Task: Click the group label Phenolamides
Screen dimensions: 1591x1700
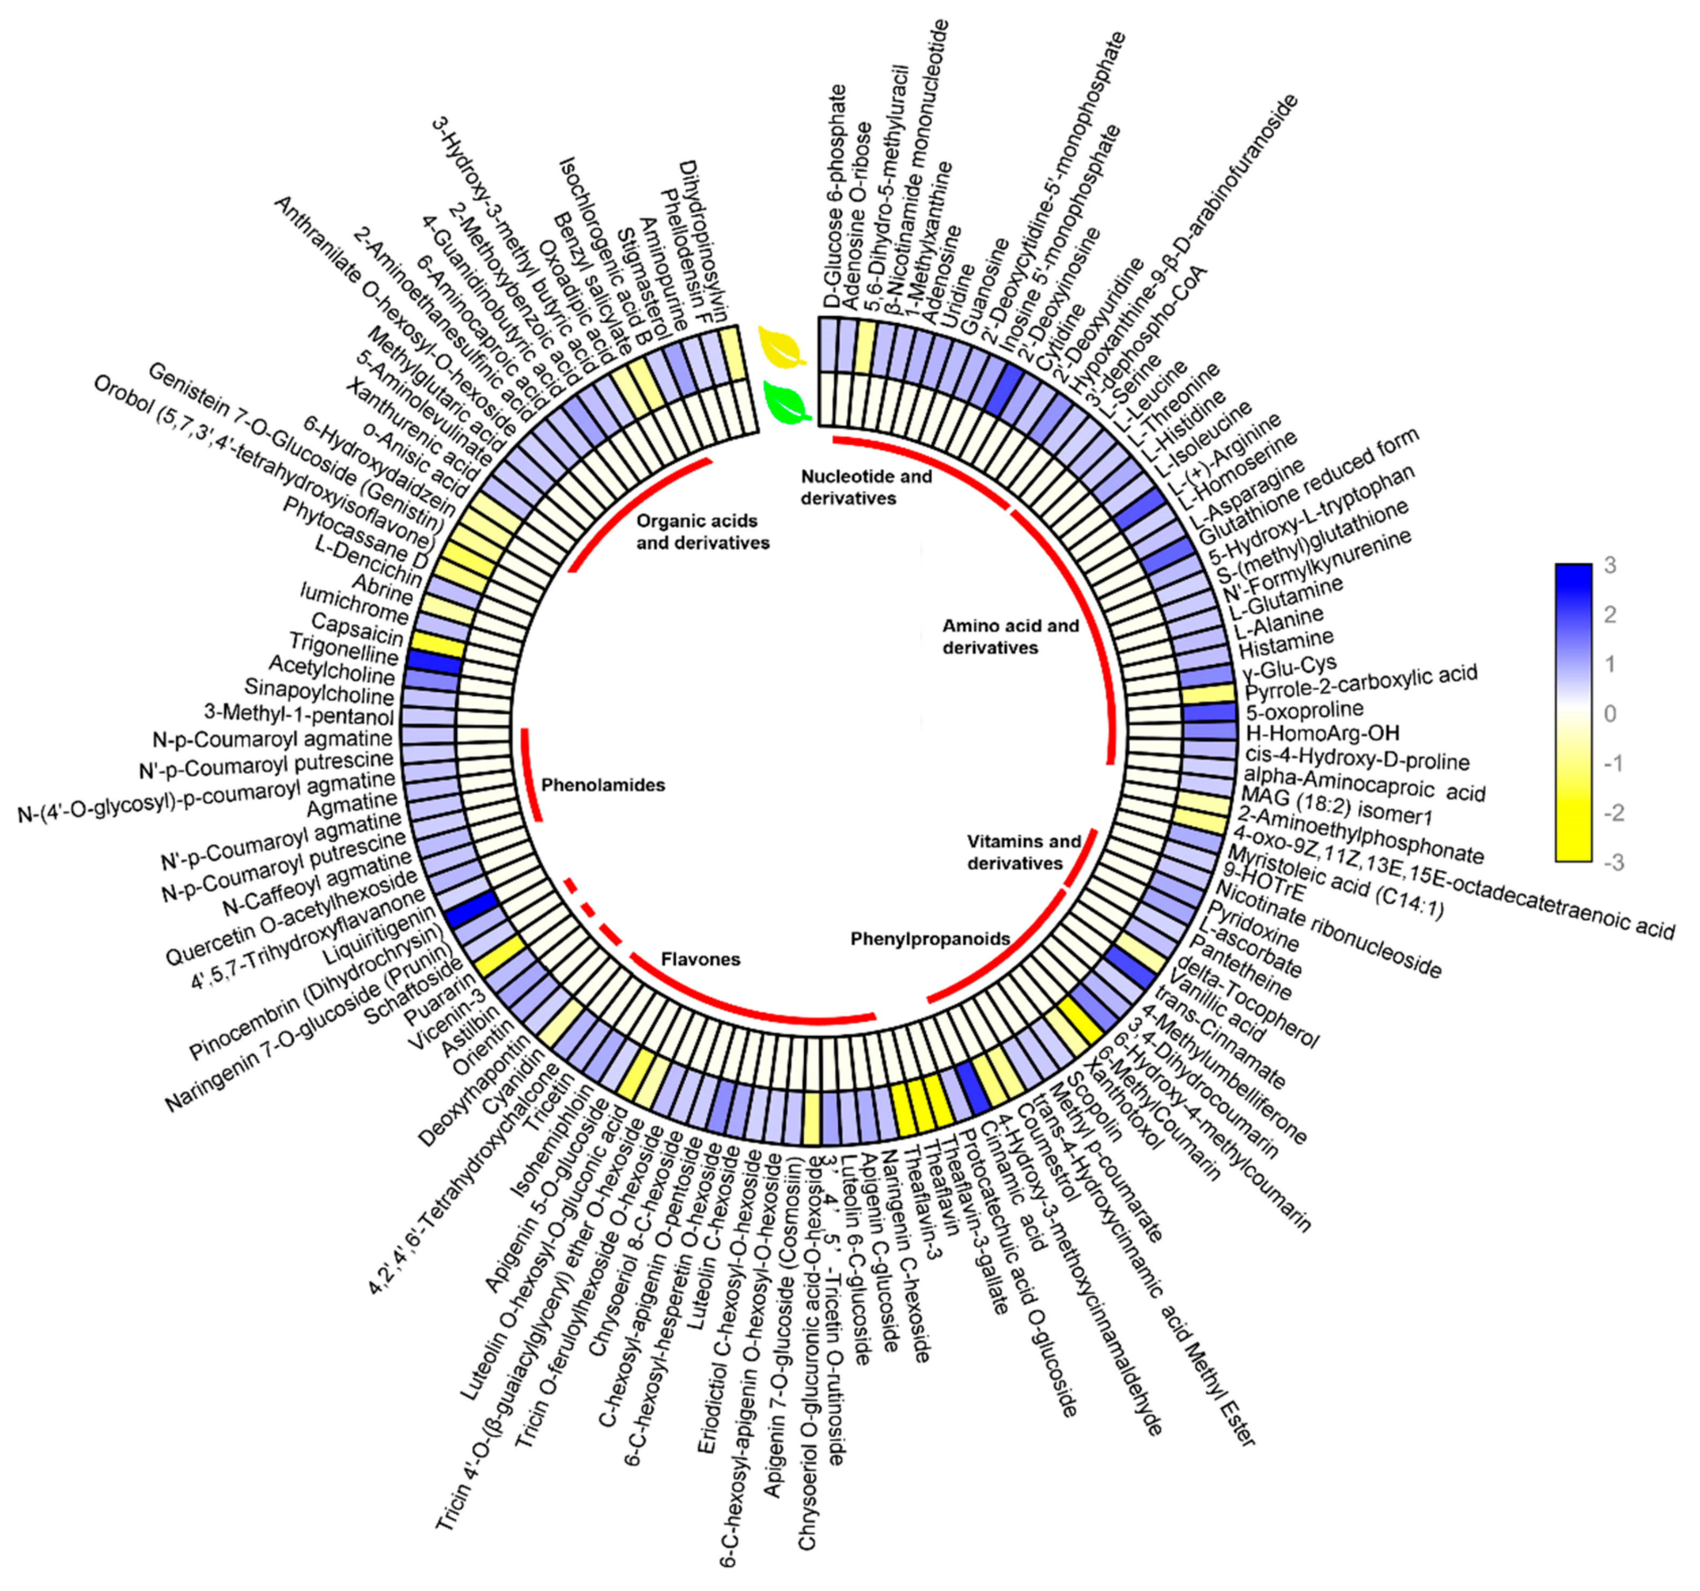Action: click(x=603, y=785)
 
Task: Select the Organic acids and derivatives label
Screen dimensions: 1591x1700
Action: click(x=702, y=531)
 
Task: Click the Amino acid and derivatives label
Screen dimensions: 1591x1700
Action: click(x=1010, y=637)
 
